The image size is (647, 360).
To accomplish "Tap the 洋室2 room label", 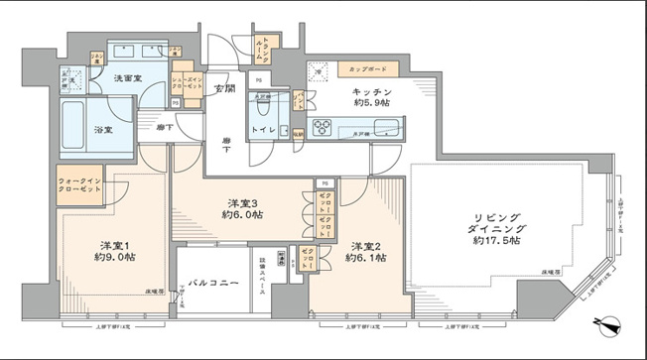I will point(364,245).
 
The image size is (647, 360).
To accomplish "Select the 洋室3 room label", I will point(241,202).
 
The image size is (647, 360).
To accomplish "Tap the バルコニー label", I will point(227,283).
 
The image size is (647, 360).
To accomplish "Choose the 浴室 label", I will point(75,129).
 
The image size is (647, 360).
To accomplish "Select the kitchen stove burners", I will point(326,127).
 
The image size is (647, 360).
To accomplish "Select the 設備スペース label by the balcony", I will point(289,273).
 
